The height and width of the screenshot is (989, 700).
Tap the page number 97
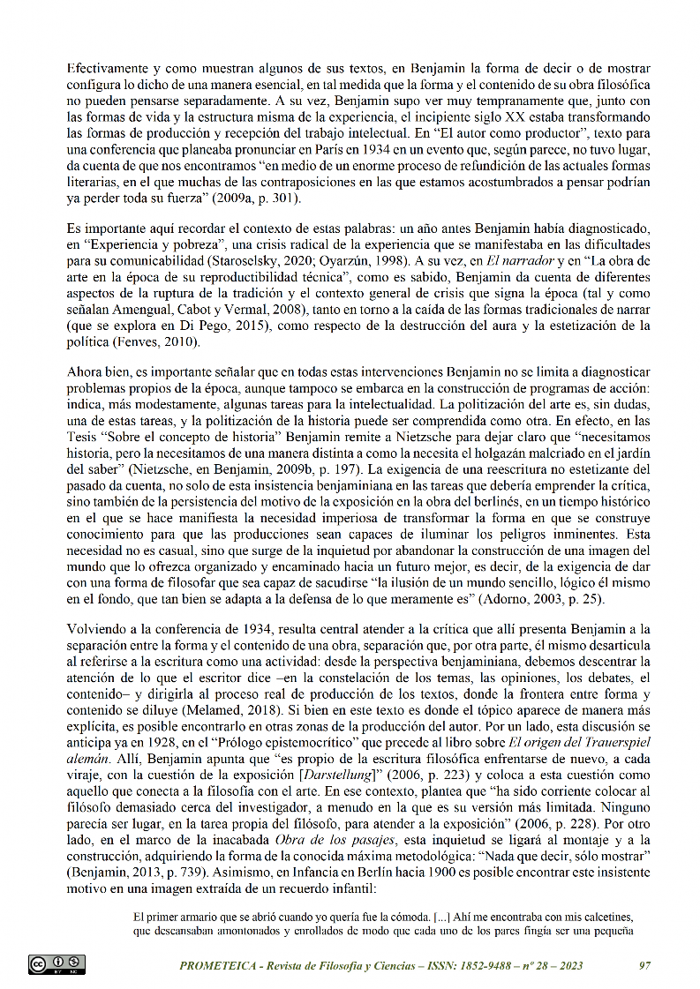(644, 965)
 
